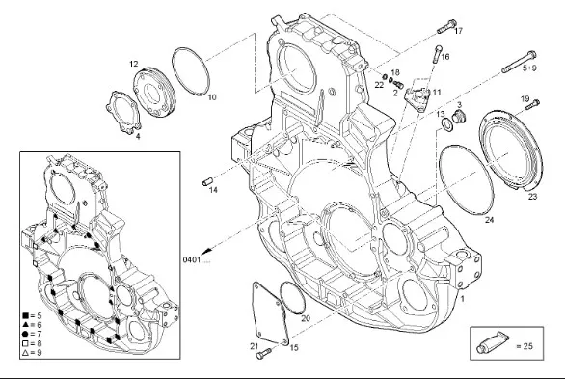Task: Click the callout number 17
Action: (x=458, y=31)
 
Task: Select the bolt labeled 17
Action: (x=446, y=27)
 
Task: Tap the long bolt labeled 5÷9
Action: (x=519, y=62)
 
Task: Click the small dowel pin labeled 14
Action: (x=207, y=181)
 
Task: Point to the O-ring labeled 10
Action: (x=191, y=71)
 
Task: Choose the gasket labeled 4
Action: (x=123, y=113)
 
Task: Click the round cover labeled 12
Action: (x=154, y=92)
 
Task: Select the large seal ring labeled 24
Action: (x=467, y=180)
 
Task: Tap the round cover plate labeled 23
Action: (x=511, y=150)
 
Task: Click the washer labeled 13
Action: (x=448, y=125)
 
